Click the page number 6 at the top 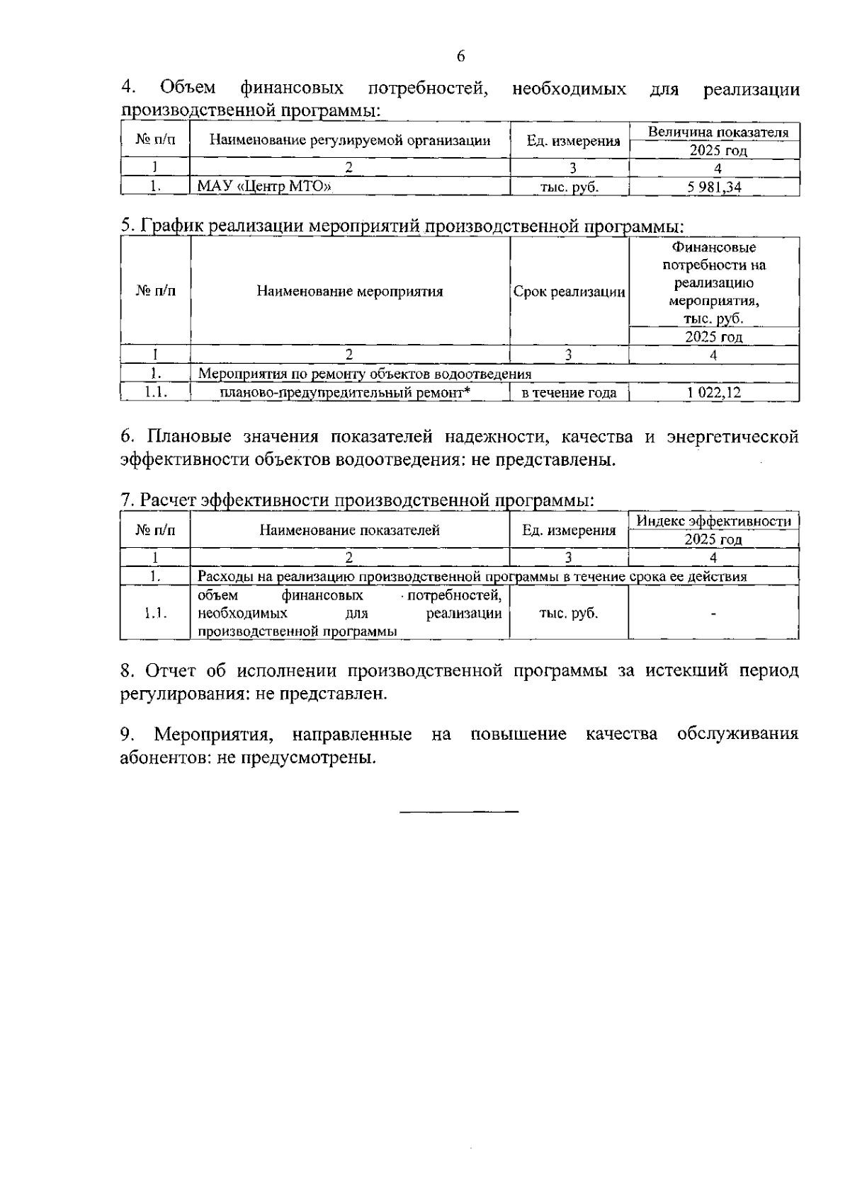tap(460, 57)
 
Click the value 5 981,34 tap(713, 187)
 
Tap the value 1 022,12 tap(713, 393)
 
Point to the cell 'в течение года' tap(569, 393)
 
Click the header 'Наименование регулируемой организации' tap(350, 140)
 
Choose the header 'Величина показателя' tap(718, 132)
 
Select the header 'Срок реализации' tap(569, 292)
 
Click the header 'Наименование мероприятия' tap(350, 292)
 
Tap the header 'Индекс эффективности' tap(713, 522)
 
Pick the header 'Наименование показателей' tap(350, 530)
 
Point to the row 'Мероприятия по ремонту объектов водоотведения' tap(365, 374)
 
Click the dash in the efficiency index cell tap(713, 614)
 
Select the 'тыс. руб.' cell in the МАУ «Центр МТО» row tap(569, 187)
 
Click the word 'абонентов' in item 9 tap(159, 758)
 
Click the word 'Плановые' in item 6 tap(188, 437)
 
